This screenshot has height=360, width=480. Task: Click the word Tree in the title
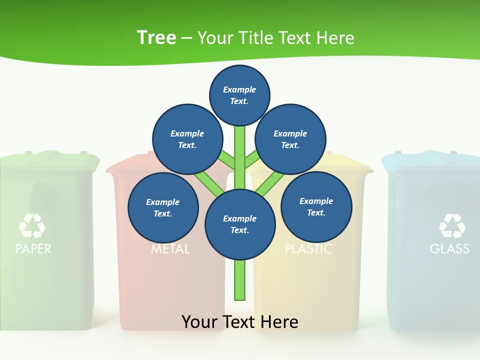(156, 37)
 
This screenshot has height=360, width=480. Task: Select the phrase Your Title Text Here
(275, 37)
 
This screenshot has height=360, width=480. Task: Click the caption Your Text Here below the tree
(239, 321)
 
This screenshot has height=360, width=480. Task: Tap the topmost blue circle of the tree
(239, 95)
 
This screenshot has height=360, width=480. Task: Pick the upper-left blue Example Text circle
(187, 139)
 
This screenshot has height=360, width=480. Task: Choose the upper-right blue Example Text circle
(290, 139)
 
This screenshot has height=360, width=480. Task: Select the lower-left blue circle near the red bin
(163, 207)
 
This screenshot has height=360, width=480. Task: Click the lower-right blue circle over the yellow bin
(316, 206)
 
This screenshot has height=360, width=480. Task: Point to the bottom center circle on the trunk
(240, 224)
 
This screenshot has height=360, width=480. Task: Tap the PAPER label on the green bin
(33, 248)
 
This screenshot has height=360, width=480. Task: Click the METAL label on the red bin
(170, 249)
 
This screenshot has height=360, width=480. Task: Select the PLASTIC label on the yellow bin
(308, 249)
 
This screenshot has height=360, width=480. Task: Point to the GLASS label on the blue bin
(449, 248)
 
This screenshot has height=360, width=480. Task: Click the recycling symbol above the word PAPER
(32, 225)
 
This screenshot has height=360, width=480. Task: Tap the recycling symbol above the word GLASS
(452, 225)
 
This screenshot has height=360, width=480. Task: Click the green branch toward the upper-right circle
(252, 160)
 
